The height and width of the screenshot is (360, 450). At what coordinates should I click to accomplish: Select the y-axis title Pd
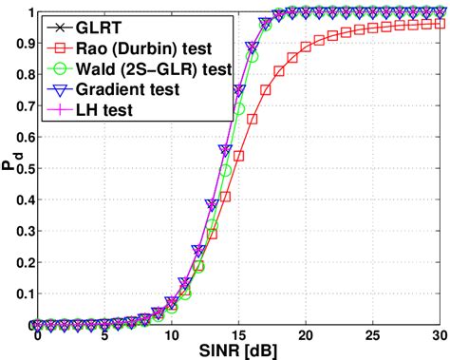(x=9, y=169)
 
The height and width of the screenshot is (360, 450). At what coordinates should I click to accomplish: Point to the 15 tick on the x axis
(x=238, y=334)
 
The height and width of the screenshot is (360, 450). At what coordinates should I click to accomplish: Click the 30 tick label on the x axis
(x=439, y=334)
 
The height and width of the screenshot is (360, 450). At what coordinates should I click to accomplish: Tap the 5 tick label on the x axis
(x=104, y=334)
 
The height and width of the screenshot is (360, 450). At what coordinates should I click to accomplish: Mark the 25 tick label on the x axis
(x=372, y=334)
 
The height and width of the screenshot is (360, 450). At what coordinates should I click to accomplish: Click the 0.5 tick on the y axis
(x=20, y=169)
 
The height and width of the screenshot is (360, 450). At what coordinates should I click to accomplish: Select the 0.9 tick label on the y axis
(x=20, y=45)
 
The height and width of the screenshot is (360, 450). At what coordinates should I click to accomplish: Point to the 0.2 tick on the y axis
(x=20, y=262)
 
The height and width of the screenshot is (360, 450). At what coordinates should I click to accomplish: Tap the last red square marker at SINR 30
(x=439, y=25)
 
